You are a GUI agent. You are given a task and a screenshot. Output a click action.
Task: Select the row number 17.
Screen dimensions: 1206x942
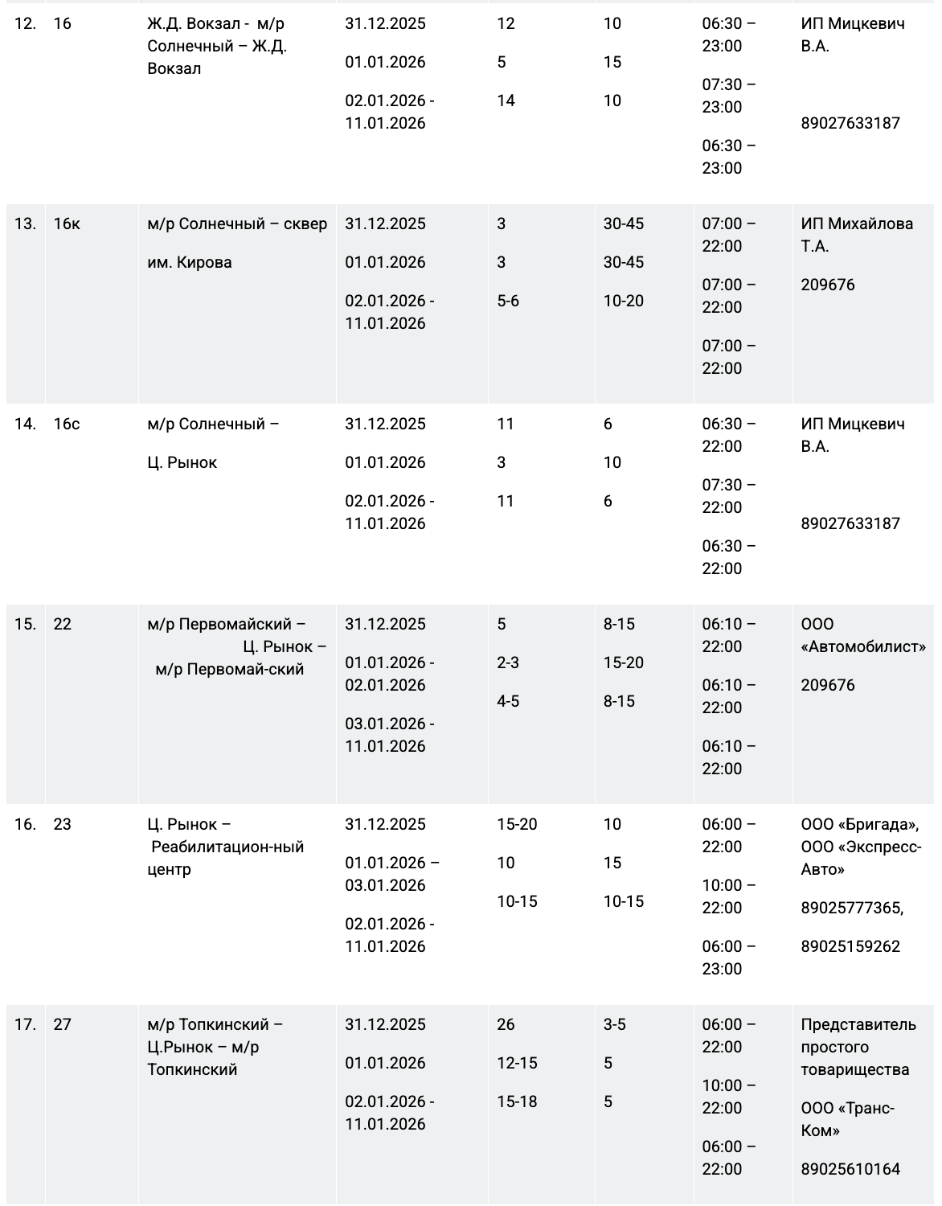(x=25, y=1025)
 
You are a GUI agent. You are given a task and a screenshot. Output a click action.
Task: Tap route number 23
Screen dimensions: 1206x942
(x=62, y=825)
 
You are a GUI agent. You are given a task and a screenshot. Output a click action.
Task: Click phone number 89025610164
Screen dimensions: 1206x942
(x=850, y=1170)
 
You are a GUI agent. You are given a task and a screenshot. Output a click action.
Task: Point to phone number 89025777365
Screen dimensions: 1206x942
(x=851, y=909)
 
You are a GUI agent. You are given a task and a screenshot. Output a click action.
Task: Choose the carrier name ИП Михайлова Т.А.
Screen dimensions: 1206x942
(x=857, y=235)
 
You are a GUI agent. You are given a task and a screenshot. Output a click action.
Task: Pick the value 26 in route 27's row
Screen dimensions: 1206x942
(x=506, y=1025)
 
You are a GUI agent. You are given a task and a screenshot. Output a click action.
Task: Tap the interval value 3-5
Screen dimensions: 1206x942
(x=615, y=1025)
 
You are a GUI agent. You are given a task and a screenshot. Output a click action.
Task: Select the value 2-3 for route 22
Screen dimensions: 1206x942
(x=508, y=663)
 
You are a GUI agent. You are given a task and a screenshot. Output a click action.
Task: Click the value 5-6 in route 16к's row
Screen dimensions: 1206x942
(x=508, y=301)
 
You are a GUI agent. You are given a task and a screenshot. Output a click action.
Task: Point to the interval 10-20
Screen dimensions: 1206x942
(x=624, y=301)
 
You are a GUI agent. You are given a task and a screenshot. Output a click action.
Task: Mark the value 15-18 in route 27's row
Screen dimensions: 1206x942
(x=517, y=1102)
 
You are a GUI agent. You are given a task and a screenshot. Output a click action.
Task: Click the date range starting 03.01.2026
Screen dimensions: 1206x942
(x=390, y=735)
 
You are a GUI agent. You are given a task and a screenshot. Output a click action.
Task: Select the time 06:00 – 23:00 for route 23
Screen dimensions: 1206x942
(x=728, y=958)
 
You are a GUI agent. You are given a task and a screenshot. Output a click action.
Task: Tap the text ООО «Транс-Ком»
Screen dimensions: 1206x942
(x=847, y=1119)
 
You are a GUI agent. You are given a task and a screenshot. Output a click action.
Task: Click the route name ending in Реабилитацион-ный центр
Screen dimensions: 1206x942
(x=226, y=847)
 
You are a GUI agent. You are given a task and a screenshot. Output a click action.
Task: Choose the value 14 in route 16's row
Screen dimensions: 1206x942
(x=506, y=101)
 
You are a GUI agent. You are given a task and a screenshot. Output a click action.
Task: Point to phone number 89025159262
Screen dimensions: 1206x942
(x=850, y=947)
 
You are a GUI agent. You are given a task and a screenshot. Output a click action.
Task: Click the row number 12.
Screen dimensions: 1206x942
(x=25, y=24)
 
